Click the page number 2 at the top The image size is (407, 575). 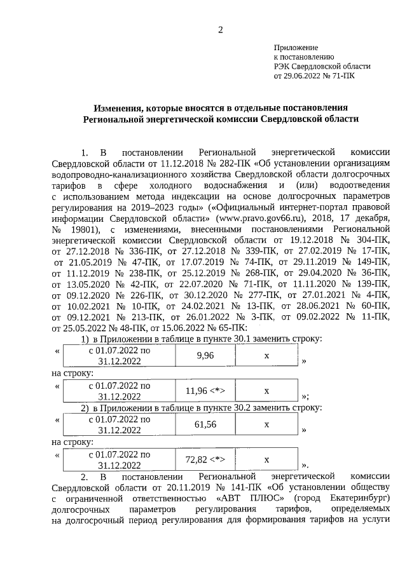click(x=220, y=29)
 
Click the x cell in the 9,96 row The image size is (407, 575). click(x=267, y=356)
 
